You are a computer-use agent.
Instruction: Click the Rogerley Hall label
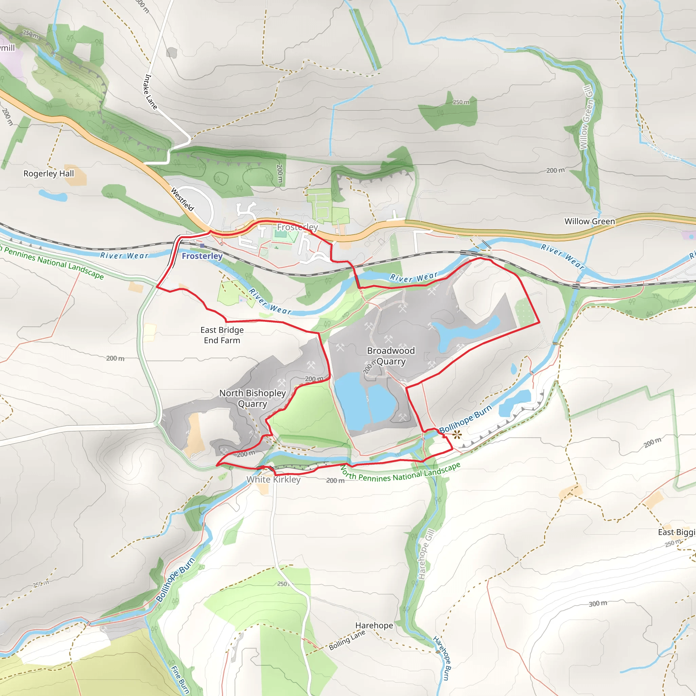point(49,174)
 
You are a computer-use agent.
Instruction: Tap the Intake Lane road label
point(151,92)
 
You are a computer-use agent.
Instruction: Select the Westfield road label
point(182,199)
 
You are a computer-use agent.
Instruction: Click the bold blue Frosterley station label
point(202,256)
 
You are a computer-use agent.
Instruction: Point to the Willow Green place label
point(589,222)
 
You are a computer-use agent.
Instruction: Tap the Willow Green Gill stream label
point(586,118)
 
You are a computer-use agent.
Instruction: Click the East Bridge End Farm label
point(222,335)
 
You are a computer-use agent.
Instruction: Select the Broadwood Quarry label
point(391,356)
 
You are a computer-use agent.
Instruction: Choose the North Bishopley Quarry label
point(253,398)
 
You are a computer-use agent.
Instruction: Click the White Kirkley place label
point(274,480)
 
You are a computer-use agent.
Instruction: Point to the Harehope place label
point(374,625)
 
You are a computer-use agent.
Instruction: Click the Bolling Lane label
point(347,640)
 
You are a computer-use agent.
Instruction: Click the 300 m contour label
point(598,604)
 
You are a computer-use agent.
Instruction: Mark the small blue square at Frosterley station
point(203,246)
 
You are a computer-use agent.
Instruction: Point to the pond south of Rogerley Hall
point(53,196)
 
